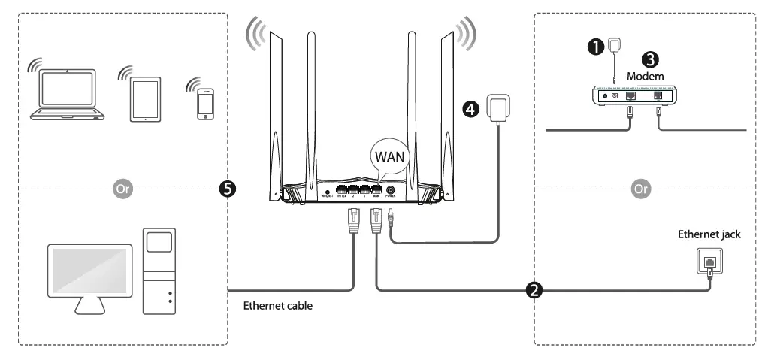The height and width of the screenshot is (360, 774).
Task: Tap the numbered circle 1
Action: [x=596, y=47]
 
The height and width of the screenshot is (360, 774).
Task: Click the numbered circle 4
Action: [x=470, y=110]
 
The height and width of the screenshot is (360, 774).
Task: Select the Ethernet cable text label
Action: [x=278, y=307]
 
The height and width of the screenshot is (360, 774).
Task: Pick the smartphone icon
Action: [x=205, y=104]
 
